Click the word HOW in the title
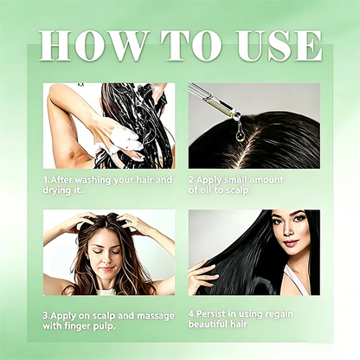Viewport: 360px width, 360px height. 93,45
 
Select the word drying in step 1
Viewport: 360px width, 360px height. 55,190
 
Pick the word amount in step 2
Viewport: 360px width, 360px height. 266,180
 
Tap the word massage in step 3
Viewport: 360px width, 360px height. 156,316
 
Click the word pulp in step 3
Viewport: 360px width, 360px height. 106,326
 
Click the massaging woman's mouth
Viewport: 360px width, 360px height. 107,269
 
